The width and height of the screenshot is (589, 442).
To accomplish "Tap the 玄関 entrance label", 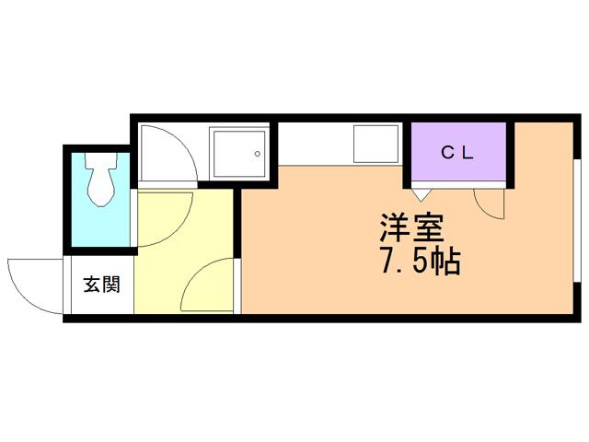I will pyautogui.click(x=101, y=285).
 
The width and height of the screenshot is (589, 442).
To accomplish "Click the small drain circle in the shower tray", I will pyautogui.click(x=258, y=154).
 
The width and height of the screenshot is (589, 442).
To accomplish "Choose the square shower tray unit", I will pyautogui.click(x=238, y=154).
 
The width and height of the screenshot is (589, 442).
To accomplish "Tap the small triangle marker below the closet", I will pyautogui.click(x=422, y=193).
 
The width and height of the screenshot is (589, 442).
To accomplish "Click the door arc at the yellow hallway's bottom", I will pyautogui.click(x=208, y=288).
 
